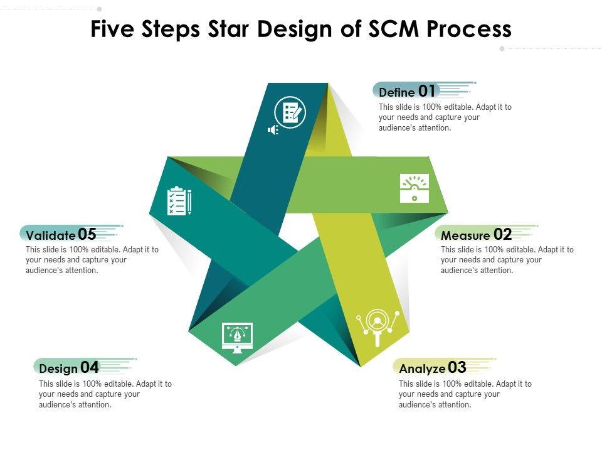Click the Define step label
click(397, 92)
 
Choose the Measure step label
click(465, 236)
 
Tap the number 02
click(503, 235)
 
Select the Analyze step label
click(422, 369)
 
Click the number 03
click(457, 367)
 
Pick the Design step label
click(58, 369)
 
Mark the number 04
click(90, 367)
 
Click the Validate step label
click(51, 236)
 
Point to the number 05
click(87, 235)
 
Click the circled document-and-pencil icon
click(291, 113)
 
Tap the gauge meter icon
click(415, 188)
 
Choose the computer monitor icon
click(238, 337)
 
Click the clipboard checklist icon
click(178, 201)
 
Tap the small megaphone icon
click(272, 130)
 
